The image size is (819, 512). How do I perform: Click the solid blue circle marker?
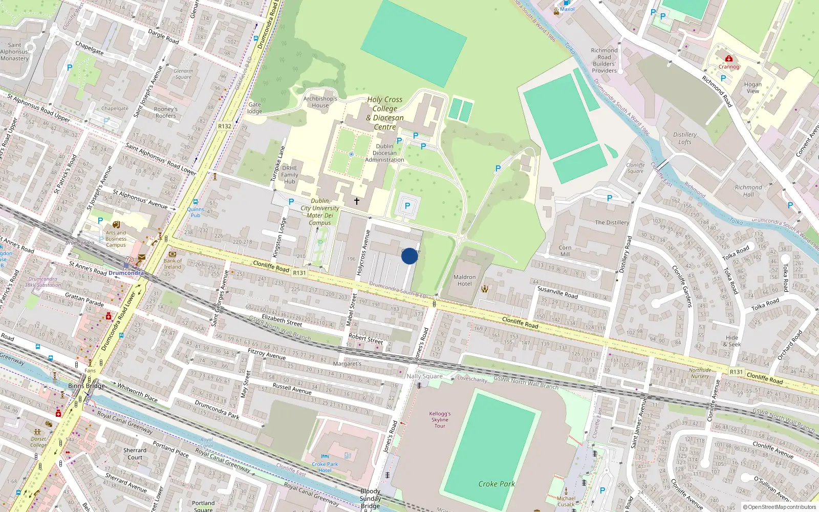point(409,256)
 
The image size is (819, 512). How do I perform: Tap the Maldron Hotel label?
point(464,280)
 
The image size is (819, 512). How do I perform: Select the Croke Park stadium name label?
point(497,484)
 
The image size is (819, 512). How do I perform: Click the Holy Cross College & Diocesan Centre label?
point(385,113)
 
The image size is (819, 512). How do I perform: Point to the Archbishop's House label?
point(320,102)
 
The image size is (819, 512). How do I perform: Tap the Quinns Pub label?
point(196,212)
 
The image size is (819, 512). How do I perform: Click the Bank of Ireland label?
point(173,264)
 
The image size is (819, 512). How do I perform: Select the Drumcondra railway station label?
point(126,273)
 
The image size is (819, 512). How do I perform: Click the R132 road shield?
point(225,126)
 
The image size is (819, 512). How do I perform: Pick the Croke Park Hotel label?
point(325,467)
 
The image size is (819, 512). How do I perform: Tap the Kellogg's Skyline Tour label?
point(440,419)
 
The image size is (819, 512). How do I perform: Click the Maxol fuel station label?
point(567,9)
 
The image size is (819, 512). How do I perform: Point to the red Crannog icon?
point(729,59)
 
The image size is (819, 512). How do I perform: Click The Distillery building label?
point(612,222)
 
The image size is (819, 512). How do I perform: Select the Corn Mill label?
point(565,251)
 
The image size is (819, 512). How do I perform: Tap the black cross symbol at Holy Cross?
point(357,201)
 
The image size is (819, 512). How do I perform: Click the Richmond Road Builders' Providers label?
point(605,60)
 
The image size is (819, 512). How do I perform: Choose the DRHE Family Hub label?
point(290,175)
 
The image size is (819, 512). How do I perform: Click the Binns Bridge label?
point(86,386)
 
